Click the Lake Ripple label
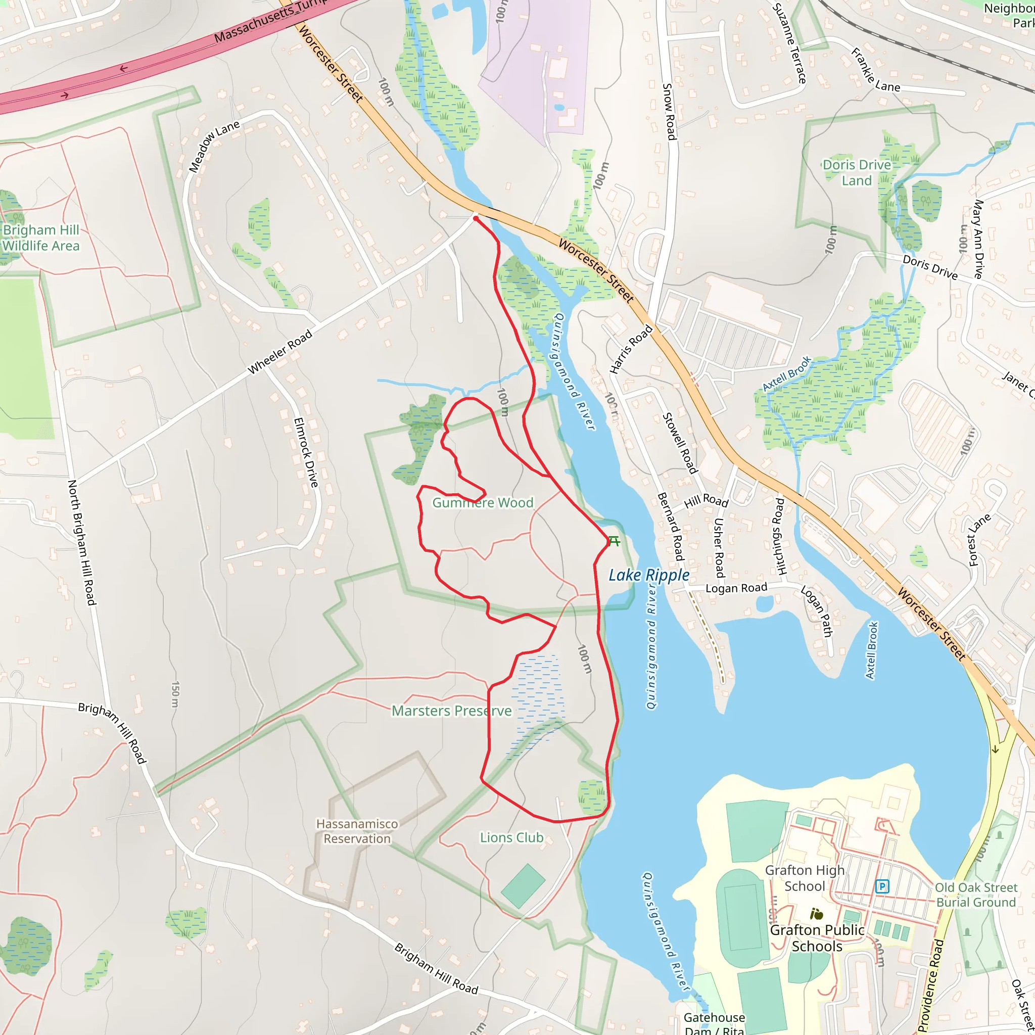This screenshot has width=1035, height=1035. point(649,575)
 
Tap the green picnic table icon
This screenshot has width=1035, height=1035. point(614,541)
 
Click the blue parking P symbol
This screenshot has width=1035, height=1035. point(882,886)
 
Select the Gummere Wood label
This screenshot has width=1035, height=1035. point(483,502)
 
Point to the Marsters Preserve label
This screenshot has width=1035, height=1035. point(452,711)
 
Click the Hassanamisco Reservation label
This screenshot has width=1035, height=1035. point(357,831)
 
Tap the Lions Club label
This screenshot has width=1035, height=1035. point(511,837)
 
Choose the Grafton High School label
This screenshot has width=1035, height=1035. point(804,878)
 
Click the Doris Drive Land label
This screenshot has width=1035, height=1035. point(857,172)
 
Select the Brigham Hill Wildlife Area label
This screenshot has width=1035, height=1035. point(41,238)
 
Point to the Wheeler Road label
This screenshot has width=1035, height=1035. point(279,352)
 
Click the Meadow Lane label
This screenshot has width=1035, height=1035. point(214,146)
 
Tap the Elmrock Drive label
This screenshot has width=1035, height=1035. point(306,452)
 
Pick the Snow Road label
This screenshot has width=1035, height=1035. point(669,111)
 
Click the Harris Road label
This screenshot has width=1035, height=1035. point(631,349)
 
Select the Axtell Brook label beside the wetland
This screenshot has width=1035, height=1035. point(786,373)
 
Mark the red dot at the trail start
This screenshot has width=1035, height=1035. point(475,218)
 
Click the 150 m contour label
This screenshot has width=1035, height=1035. point(175,694)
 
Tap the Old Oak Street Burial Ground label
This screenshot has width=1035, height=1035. point(975,895)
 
